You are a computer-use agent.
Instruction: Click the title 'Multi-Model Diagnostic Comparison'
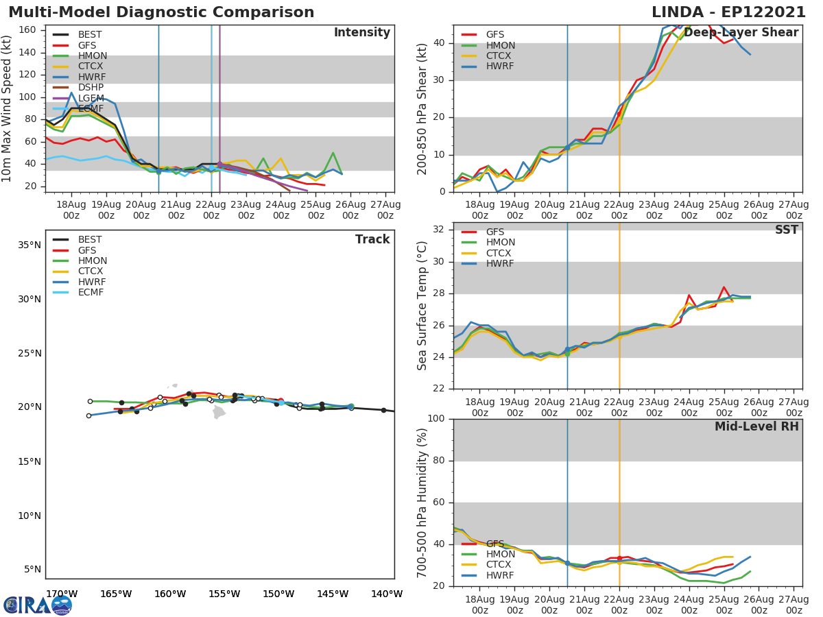point(161,13)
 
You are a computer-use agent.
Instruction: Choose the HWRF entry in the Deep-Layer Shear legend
point(499,66)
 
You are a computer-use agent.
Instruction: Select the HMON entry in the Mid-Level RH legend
point(499,554)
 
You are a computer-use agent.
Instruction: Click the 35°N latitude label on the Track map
point(29,245)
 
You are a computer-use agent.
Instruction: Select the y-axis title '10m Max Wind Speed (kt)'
point(8,109)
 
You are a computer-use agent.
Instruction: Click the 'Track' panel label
point(372,239)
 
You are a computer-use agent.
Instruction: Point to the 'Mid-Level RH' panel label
point(756,426)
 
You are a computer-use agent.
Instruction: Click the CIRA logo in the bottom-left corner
point(38,605)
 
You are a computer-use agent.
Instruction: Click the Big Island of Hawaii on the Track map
point(219,412)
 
